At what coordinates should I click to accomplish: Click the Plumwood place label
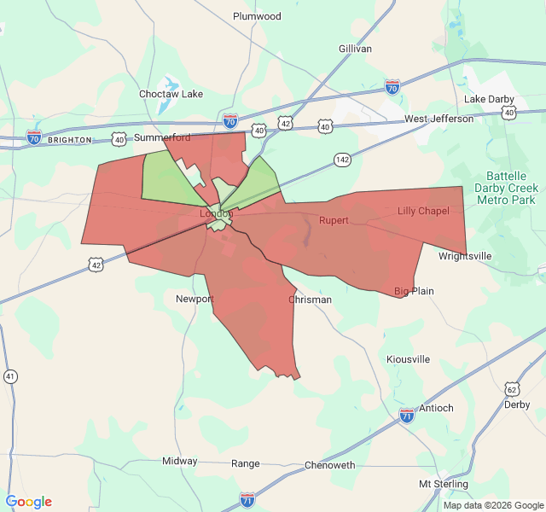point(257,16)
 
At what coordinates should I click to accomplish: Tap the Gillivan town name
point(355,49)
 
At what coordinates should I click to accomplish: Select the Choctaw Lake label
point(171,94)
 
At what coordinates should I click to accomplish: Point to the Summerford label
point(162,137)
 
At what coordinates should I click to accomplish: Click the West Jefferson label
point(439,119)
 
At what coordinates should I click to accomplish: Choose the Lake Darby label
point(489,99)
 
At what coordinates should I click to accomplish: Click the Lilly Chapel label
point(423,212)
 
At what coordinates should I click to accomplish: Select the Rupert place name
point(334,220)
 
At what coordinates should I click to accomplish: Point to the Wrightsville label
point(465,256)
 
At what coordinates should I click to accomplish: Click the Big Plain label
point(414,291)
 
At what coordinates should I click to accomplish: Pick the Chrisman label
point(310,300)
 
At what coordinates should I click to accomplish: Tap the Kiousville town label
point(408,359)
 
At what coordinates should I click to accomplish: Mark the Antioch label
point(436,408)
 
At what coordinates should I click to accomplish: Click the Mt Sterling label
point(442,484)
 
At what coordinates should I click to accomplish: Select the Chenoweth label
point(329,465)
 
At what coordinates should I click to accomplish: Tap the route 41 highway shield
point(10,375)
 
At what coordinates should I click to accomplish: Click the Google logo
point(29,502)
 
